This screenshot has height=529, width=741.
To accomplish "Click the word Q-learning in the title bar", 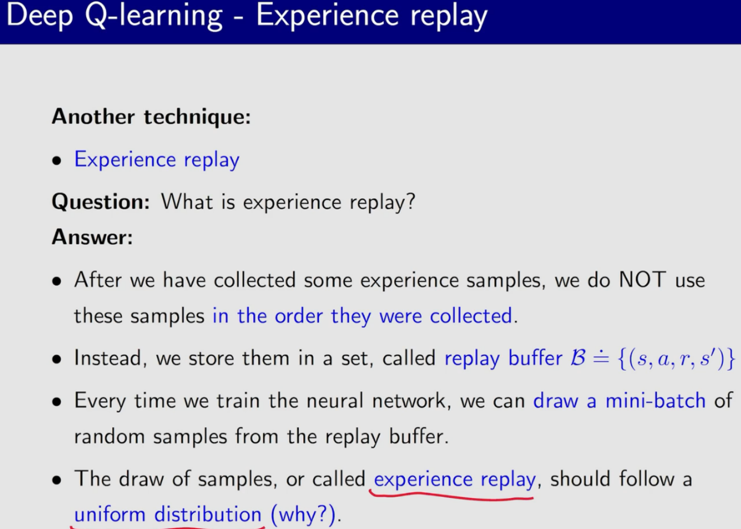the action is pyautogui.click(x=154, y=16).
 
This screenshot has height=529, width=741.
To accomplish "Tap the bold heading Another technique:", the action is pyautogui.click(x=151, y=117).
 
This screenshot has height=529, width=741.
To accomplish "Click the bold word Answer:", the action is pyautogui.click(x=92, y=237).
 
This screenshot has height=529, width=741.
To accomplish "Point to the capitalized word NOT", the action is pyautogui.click(x=642, y=279).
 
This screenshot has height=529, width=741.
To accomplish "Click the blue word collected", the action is pyautogui.click(x=471, y=315).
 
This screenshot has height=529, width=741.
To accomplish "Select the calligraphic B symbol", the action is pyautogui.click(x=578, y=357).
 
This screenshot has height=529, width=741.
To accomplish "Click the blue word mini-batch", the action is pyautogui.click(x=656, y=401).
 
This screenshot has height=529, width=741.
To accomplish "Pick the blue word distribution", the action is pyautogui.click(x=208, y=514).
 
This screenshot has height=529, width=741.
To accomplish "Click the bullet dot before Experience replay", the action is pyautogui.click(x=57, y=161).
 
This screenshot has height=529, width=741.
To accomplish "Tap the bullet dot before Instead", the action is pyautogui.click(x=57, y=359).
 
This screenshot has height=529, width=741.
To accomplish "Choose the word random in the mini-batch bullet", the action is pyautogui.click(x=110, y=436).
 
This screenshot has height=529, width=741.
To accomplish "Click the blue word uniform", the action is pyautogui.click(x=110, y=514).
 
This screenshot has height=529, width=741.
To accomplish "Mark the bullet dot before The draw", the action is pyautogui.click(x=57, y=480).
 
